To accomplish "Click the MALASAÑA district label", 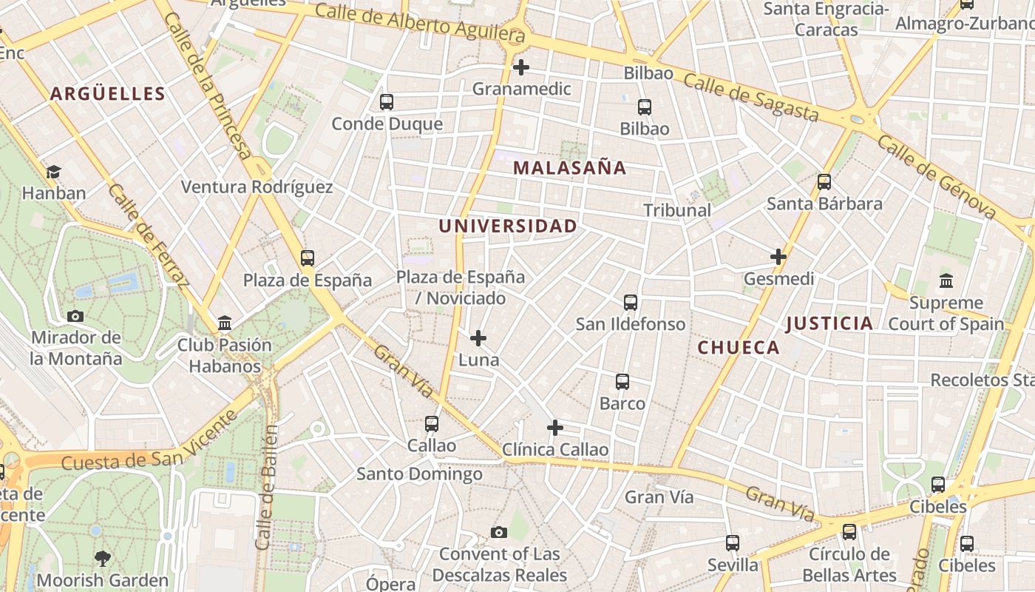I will coord(569,168).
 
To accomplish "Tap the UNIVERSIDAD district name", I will coord(507,226).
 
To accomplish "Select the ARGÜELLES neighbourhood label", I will coord(108,94).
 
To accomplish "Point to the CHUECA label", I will coord(739,348).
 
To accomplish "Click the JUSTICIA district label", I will coord(829,323).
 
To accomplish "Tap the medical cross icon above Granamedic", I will coord(521,67).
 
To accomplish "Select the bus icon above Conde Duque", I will coord(386,102).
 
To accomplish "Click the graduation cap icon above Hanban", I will coord(53,172).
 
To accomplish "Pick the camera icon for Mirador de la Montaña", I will coord(75,317).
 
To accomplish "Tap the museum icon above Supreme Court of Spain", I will coord(946,281).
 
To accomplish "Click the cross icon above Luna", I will coord(478,339).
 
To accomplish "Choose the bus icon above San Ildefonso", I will coord(630,303).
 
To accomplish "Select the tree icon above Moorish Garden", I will coord(102,559).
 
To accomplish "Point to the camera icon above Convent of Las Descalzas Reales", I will coord(499,533).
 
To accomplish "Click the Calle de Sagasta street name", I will coord(750,97).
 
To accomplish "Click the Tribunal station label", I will coord(676,210).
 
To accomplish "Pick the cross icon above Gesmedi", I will coord(778,257).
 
